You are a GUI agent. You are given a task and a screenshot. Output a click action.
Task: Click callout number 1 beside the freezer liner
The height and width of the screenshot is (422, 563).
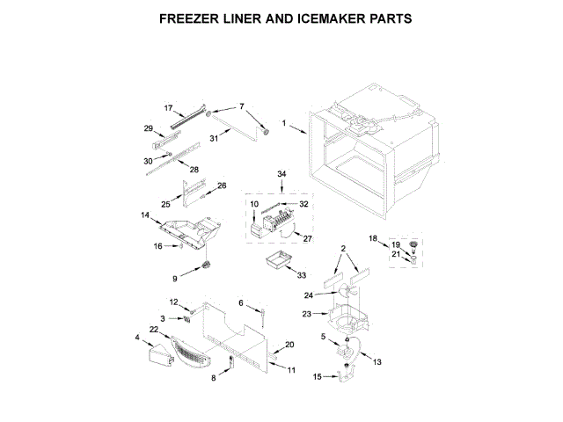[284, 123]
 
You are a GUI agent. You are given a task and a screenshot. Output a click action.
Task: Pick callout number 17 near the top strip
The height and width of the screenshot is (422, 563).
[169, 107]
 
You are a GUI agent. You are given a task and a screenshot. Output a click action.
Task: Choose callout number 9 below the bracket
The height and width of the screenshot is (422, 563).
[175, 279]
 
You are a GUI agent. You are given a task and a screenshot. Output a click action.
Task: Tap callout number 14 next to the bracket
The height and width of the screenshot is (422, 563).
[145, 215]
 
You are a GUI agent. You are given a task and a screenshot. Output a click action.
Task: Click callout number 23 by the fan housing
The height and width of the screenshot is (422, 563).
[307, 313]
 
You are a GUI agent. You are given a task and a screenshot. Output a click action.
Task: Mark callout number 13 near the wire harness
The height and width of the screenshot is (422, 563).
[378, 361]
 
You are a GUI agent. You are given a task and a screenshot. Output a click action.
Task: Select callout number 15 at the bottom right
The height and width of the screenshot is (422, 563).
[318, 377]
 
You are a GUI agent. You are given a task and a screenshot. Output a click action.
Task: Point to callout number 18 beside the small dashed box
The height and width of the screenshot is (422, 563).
[372, 238]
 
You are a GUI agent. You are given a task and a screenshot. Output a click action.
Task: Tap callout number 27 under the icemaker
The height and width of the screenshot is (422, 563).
[307, 237]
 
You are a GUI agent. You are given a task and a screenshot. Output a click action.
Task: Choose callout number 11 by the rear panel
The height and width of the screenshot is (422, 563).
[292, 370]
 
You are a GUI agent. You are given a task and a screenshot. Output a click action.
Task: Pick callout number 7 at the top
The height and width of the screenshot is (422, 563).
[241, 107]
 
